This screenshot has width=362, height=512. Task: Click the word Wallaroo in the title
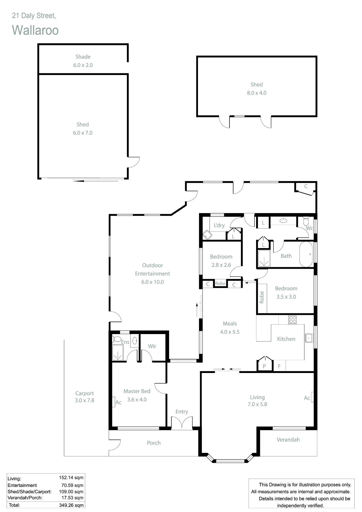click(35, 30)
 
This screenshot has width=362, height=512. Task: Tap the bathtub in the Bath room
click(306, 254)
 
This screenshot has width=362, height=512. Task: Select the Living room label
click(257, 397)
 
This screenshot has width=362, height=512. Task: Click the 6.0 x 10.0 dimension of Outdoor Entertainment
click(152, 282)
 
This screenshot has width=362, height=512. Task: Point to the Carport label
click(84, 393)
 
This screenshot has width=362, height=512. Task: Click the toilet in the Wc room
click(306, 221)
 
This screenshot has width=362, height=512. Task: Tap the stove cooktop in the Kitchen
click(293, 320)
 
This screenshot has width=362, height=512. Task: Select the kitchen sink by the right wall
click(309, 338)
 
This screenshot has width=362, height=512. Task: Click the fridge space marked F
click(279, 366)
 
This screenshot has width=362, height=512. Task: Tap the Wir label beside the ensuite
click(152, 346)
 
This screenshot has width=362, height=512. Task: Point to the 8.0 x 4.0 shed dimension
click(257, 93)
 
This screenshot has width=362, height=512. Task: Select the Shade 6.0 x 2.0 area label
click(83, 61)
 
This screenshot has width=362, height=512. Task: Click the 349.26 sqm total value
click(71, 505)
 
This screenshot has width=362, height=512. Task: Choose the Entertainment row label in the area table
click(22, 485)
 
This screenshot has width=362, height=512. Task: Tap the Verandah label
click(288, 440)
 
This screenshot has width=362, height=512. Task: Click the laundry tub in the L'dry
click(207, 235)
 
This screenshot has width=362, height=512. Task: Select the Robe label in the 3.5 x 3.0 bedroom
click(262, 297)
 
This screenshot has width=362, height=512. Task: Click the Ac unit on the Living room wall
click(312, 397)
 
